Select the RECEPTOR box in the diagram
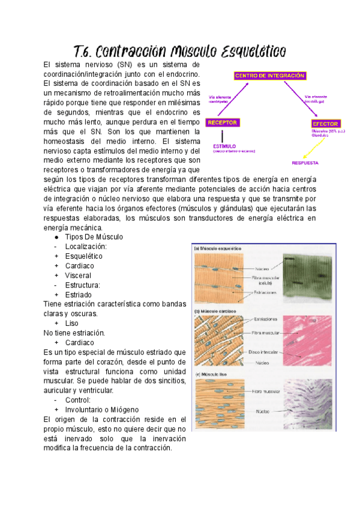[x=223, y=122]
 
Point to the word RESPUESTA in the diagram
[x=305, y=163]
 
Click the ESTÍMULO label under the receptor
[x=224, y=146]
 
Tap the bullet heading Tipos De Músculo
[x=94, y=237]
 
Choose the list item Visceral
[x=78, y=276]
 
